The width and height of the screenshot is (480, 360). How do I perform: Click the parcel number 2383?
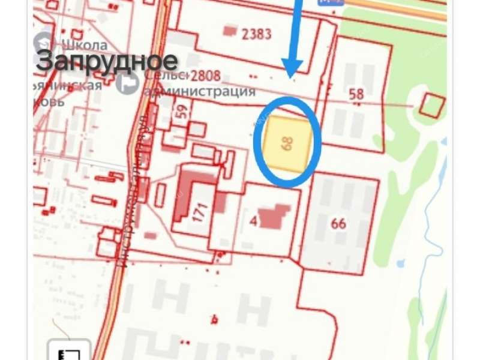[x=256, y=33]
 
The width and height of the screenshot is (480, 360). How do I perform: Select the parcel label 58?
[x=356, y=94]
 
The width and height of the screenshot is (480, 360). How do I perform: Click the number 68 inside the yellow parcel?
[x=287, y=143]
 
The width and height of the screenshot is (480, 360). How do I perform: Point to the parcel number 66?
[x=338, y=223]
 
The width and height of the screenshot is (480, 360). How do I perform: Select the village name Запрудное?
[x=107, y=61]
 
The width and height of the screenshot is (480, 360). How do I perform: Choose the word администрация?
[x=199, y=91]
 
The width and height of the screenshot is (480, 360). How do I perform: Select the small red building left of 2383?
[x=230, y=29]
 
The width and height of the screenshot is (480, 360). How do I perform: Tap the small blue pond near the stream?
[x=401, y=262]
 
